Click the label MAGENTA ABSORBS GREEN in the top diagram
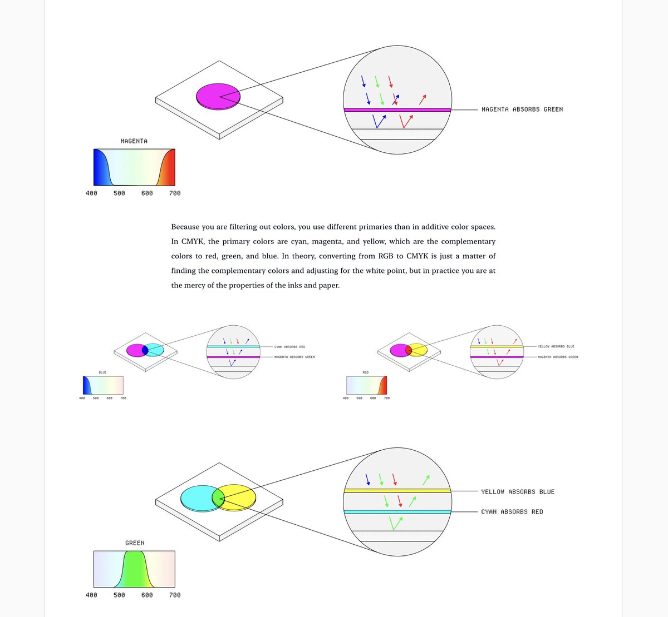coord(522,110)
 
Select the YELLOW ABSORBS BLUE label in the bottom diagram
coord(518,492)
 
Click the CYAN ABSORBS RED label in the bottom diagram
coord(512,512)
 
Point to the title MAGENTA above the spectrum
coord(134,141)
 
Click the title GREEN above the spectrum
coord(135,543)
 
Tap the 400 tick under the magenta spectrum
coord(91,193)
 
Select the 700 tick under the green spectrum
coord(175,595)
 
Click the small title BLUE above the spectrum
coord(102,372)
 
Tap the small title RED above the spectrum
coord(365,372)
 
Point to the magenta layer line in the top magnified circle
coord(397,110)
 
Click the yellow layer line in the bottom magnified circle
coord(397,490)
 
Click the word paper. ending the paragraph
coord(327,286)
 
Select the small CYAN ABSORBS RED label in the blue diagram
coord(289,347)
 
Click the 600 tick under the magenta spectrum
coord(147,193)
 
